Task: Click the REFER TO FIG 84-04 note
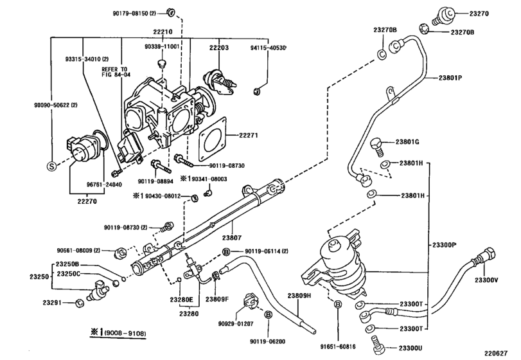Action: click(116, 72)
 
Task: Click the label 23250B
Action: click(67, 264)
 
